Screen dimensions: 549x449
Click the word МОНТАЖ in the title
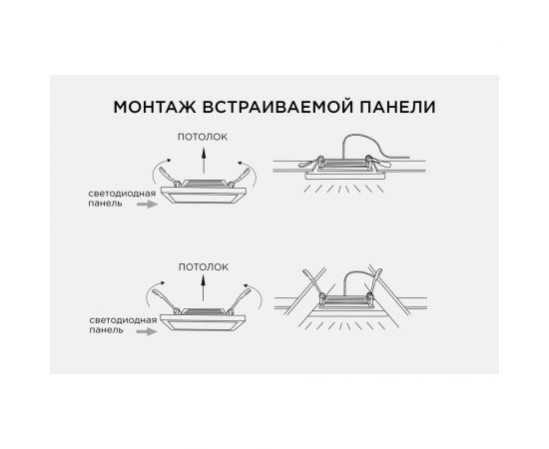click(x=155, y=107)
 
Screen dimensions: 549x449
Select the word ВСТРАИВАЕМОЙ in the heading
click(x=277, y=107)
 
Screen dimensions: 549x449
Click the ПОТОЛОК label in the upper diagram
click(x=203, y=137)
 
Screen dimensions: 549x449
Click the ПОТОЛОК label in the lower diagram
click(x=204, y=267)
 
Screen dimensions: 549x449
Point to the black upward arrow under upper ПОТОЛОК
click(x=204, y=161)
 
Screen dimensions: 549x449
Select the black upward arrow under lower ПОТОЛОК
click(x=203, y=288)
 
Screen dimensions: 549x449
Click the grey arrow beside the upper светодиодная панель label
click(x=148, y=204)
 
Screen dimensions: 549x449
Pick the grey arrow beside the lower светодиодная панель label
click(x=147, y=331)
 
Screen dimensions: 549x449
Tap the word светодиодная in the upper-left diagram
click(x=122, y=194)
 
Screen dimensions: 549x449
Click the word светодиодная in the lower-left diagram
click(x=123, y=320)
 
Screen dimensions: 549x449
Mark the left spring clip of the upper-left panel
click(x=170, y=177)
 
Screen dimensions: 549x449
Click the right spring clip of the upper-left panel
click(x=239, y=177)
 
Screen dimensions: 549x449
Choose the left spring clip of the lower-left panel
click(x=166, y=301)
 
